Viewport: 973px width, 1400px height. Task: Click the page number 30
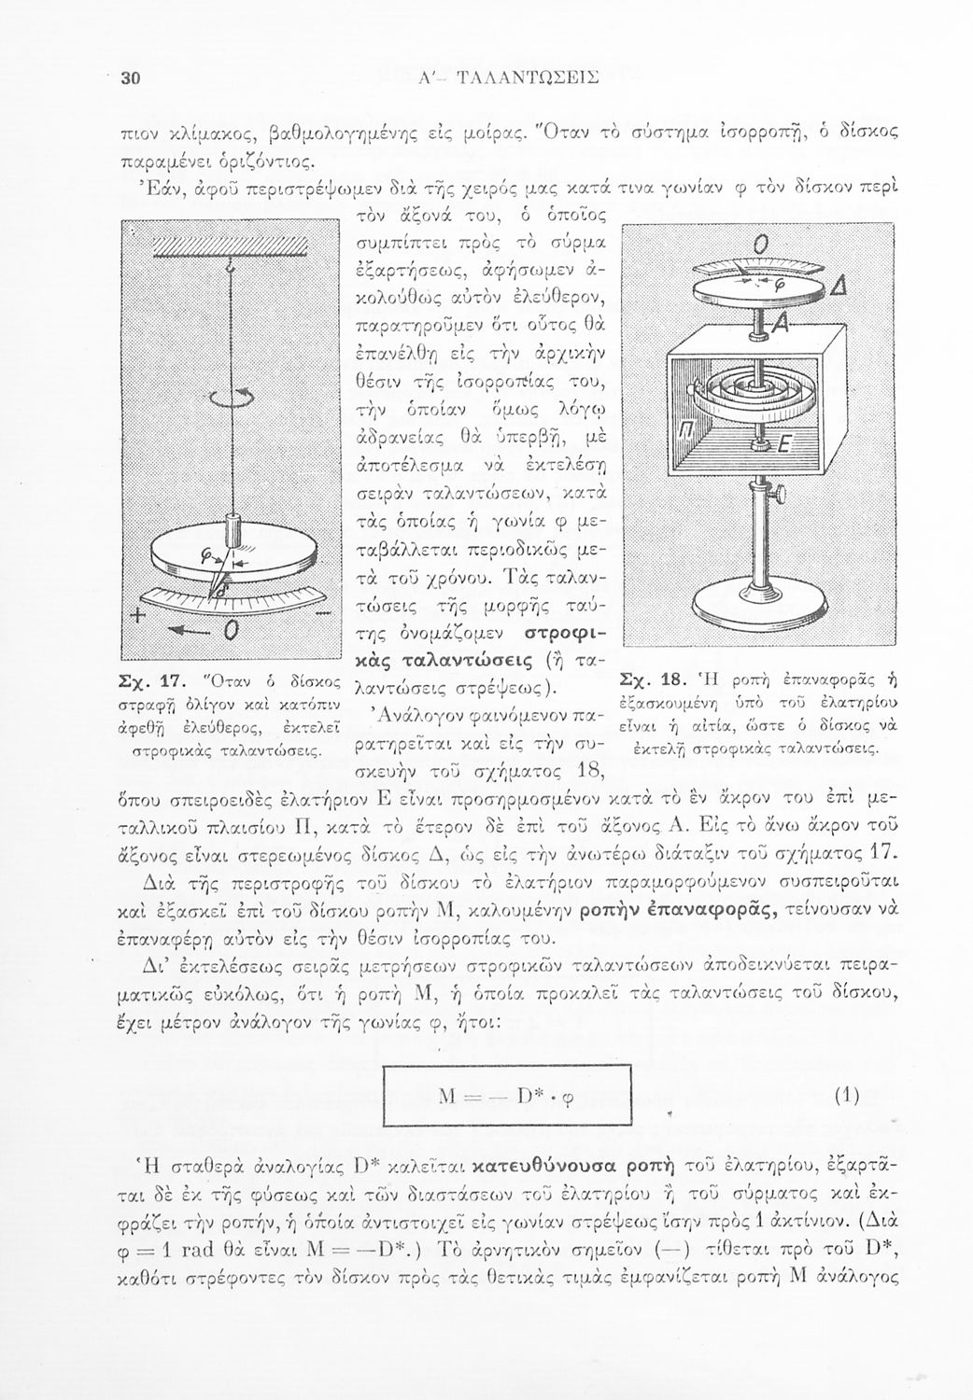click(130, 79)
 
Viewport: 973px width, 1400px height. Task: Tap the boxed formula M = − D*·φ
click(509, 1097)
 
